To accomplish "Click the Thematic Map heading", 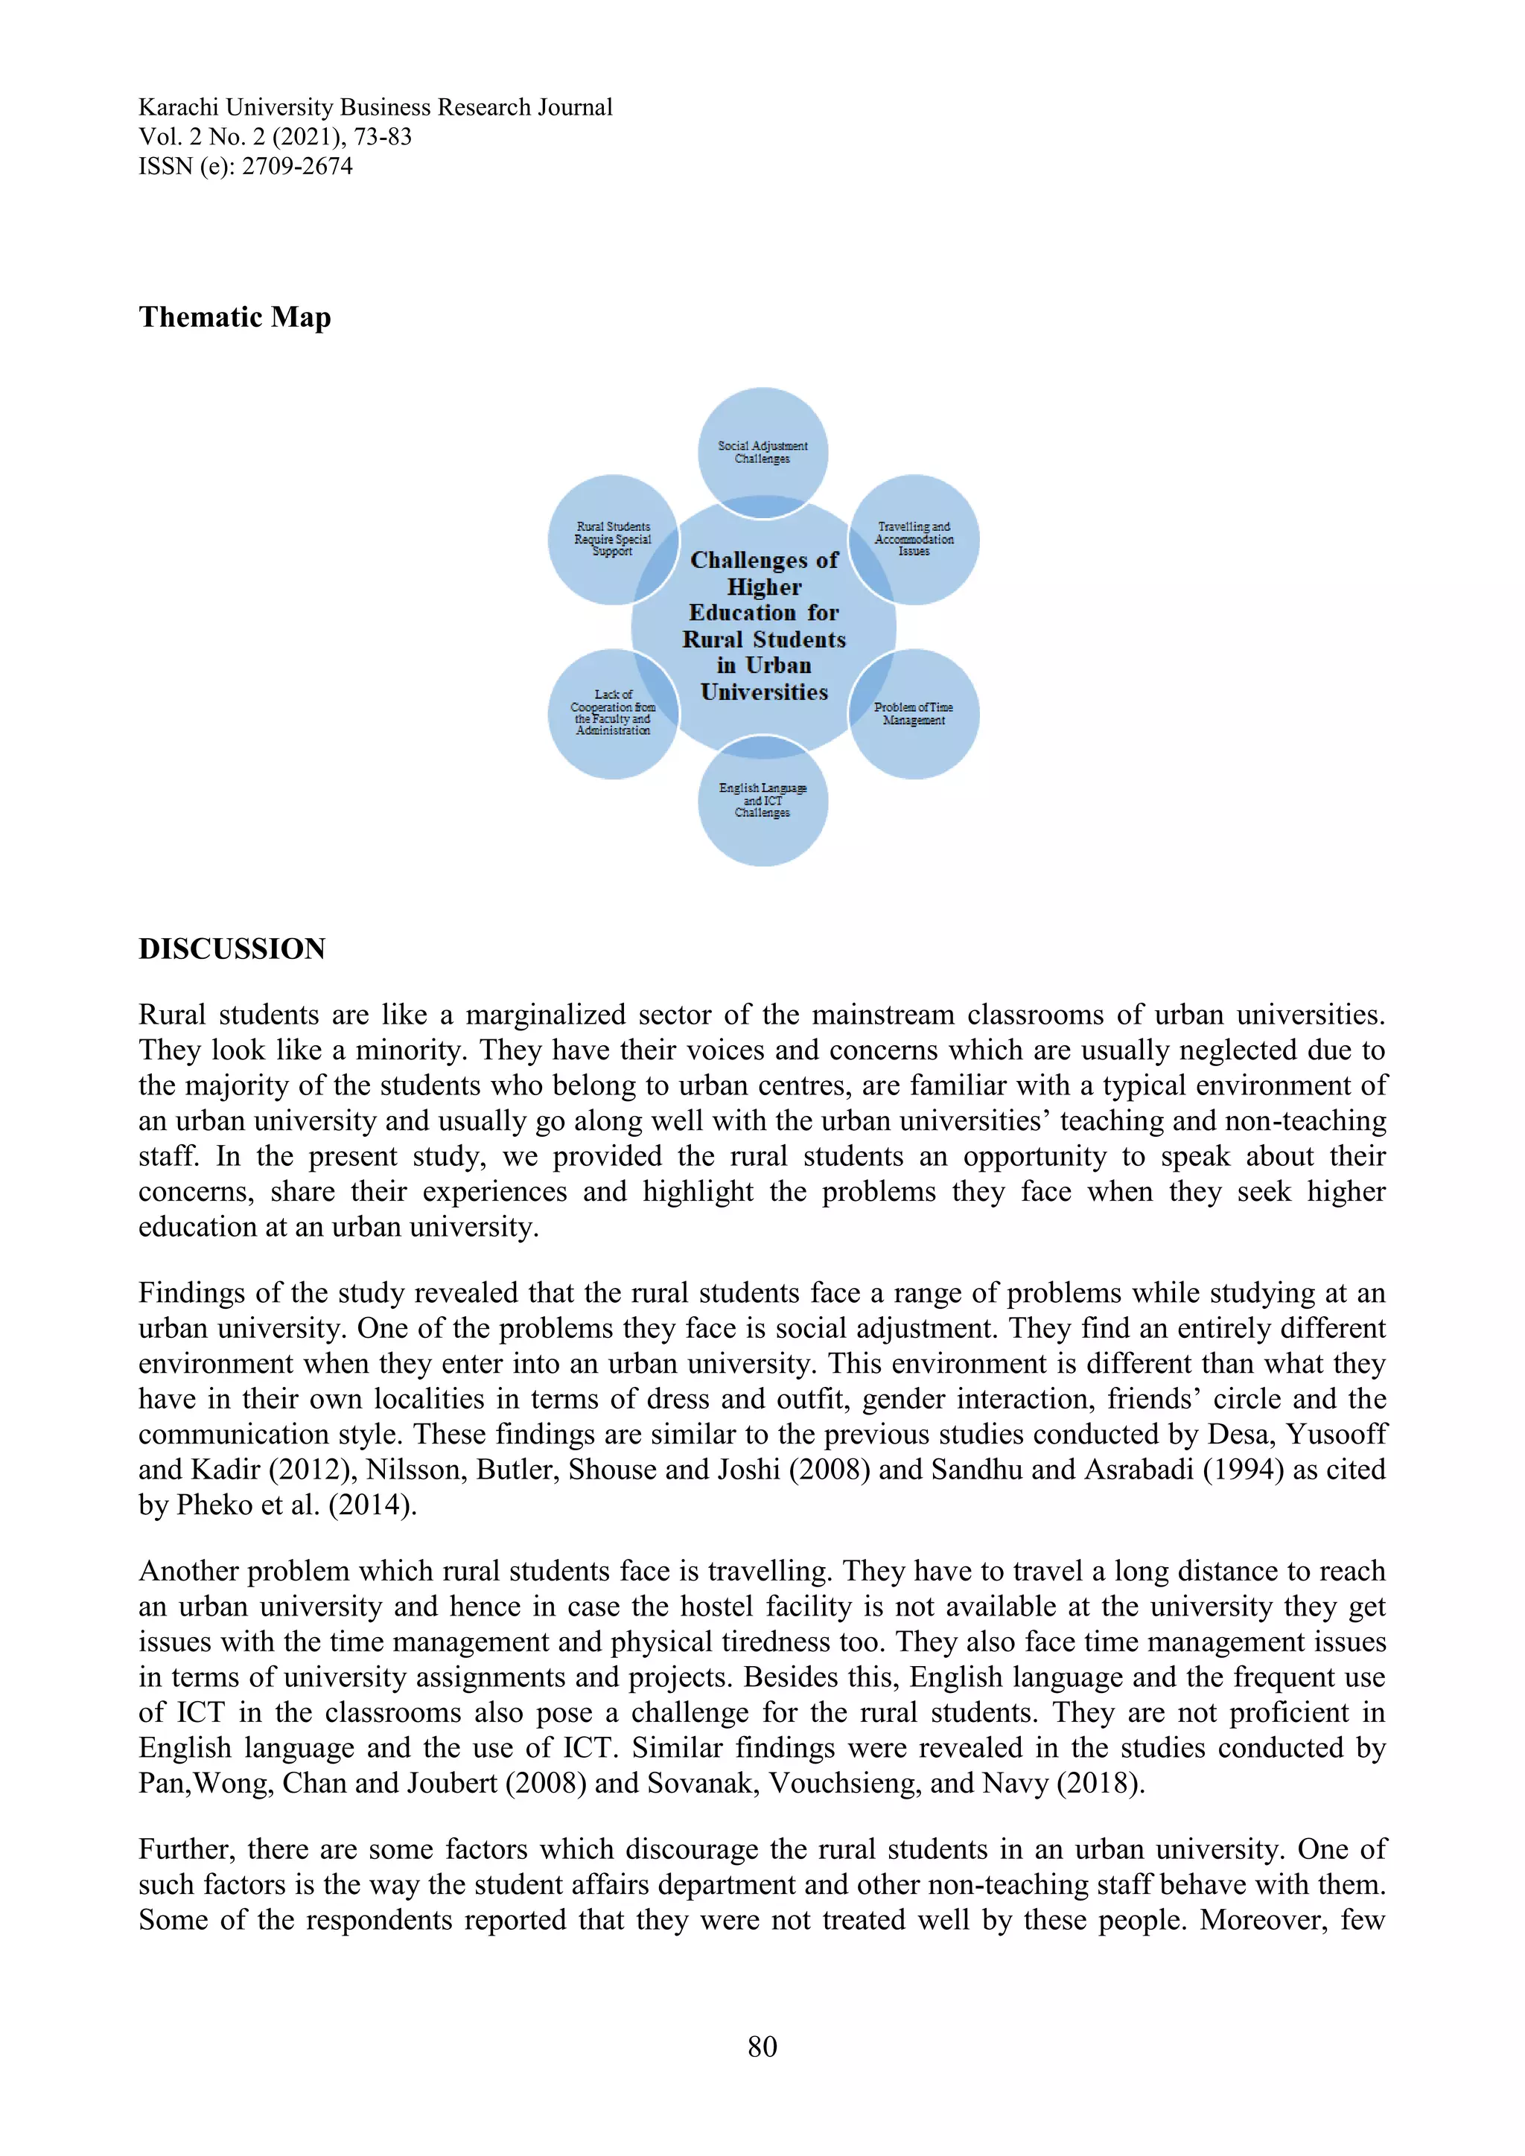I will (x=234, y=317).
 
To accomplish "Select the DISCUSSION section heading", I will (x=231, y=948).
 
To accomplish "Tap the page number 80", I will (x=762, y=2046).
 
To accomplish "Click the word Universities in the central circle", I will (x=763, y=692).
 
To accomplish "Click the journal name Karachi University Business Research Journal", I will (x=375, y=107).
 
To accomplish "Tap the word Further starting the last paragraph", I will (x=184, y=1849).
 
